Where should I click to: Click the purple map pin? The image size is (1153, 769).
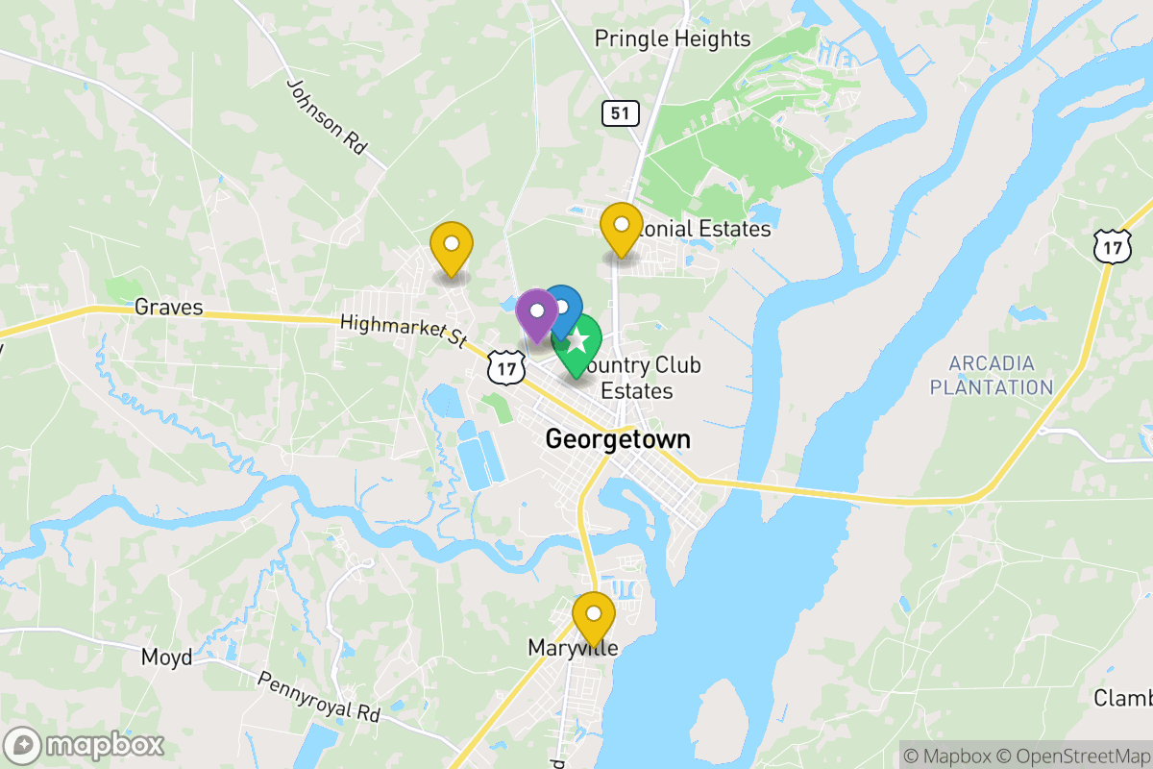(536, 312)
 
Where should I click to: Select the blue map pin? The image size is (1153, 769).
(562, 309)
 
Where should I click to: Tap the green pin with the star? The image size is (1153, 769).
(577, 341)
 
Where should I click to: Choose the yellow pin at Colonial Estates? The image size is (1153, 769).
(622, 227)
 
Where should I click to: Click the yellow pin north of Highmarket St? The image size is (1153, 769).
(451, 245)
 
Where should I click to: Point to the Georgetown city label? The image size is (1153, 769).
(618, 439)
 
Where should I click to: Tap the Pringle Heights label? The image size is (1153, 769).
(673, 38)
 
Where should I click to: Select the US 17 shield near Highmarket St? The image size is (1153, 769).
(505, 365)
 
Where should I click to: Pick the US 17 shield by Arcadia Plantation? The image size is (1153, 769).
(1112, 247)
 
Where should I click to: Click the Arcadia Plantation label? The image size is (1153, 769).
(992, 376)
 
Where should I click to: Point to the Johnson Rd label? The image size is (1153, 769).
(328, 117)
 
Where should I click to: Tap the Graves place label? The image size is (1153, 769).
(169, 308)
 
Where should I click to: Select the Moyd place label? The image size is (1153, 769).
(167, 657)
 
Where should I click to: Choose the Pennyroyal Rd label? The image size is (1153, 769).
(319, 697)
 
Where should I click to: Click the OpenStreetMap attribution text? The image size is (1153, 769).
(1074, 756)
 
